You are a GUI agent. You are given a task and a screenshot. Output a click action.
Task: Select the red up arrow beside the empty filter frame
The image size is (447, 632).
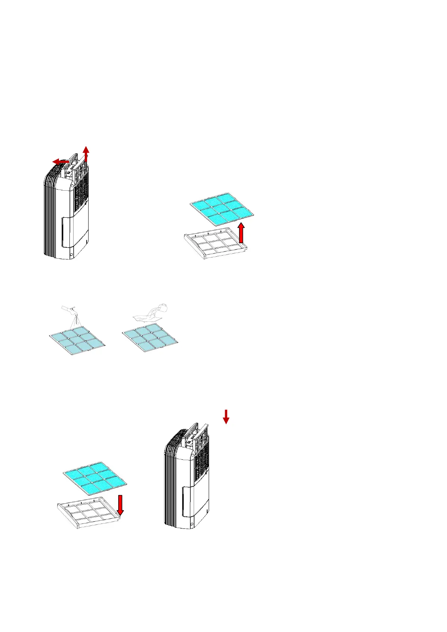coord(241,233)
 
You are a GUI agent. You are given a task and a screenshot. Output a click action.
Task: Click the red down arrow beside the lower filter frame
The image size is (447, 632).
coord(120,505)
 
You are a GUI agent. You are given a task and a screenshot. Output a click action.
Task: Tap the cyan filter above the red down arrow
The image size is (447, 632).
coord(95,479)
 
